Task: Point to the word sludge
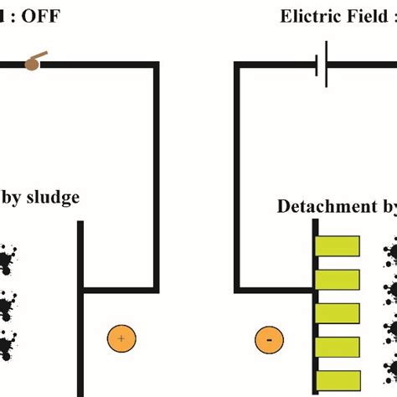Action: [53, 198]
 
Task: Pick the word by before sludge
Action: [11, 198]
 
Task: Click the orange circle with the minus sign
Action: [268, 339]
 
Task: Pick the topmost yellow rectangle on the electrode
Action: [337, 246]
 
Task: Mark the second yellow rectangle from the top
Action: [337, 279]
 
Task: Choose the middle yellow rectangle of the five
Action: [337, 312]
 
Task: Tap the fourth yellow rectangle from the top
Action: [337, 345]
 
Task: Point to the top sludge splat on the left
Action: [7, 260]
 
